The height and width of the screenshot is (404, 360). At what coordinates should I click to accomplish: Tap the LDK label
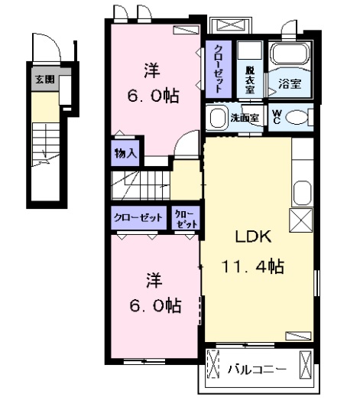[251, 238]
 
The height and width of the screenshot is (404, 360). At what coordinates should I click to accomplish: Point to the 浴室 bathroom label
[290, 84]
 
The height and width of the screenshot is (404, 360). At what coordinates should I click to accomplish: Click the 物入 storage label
[125, 152]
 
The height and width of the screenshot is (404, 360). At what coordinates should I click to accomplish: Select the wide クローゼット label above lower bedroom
[139, 217]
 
